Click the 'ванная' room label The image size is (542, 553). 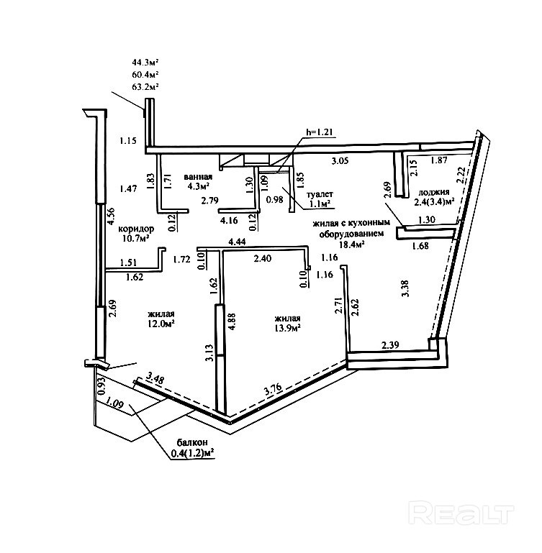[198, 177]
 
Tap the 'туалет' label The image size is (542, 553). [320, 194]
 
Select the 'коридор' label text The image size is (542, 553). [136, 229]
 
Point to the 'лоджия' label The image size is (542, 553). [433, 192]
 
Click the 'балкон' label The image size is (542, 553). [192, 442]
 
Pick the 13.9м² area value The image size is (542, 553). [287, 328]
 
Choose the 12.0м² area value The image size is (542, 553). [161, 324]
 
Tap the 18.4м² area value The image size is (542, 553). [351, 244]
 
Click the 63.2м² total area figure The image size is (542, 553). [145, 86]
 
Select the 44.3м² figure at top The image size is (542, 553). [145, 63]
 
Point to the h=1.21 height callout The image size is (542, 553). [320, 132]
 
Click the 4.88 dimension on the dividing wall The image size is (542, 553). [232, 321]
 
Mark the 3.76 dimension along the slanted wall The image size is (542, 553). [274, 389]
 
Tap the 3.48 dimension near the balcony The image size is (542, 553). [155, 379]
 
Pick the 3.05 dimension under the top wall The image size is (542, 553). [340, 161]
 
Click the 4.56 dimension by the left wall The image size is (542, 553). [112, 216]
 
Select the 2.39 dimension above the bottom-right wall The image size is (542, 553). [391, 344]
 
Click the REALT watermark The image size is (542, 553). [461, 513]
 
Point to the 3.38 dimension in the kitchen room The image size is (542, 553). [405, 288]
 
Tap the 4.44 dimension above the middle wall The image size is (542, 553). [238, 242]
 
